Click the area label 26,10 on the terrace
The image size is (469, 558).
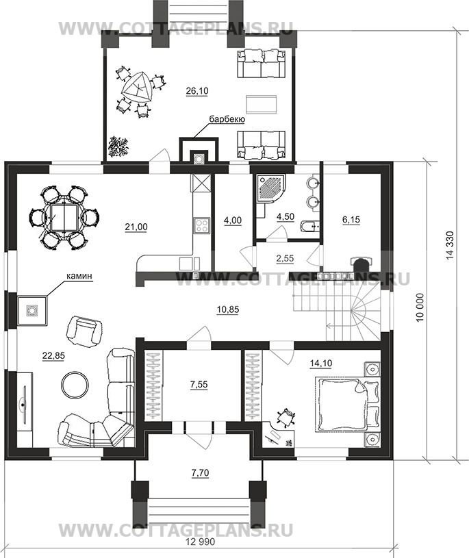pyautogui.click(x=197, y=91)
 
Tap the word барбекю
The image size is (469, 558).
pyautogui.click(x=227, y=119)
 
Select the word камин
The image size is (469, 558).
pyautogui.click(x=79, y=276)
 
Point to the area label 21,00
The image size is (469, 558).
pyautogui.click(x=136, y=227)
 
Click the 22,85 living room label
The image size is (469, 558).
pyautogui.click(x=53, y=355)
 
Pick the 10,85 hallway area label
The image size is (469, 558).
pyautogui.click(x=228, y=309)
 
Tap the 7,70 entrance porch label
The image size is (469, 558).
pyautogui.click(x=200, y=473)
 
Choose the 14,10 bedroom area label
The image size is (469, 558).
pyautogui.click(x=320, y=363)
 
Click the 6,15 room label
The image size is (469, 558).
pyautogui.click(x=351, y=220)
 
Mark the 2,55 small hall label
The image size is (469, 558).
pyautogui.click(x=285, y=257)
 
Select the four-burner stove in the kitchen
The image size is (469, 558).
pyautogui.click(x=201, y=226)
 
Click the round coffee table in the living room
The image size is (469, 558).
pyautogui.click(x=75, y=385)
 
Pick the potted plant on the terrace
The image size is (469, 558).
pyautogui.click(x=118, y=146)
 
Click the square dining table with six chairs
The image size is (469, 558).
pyautogui.click(x=64, y=218)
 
